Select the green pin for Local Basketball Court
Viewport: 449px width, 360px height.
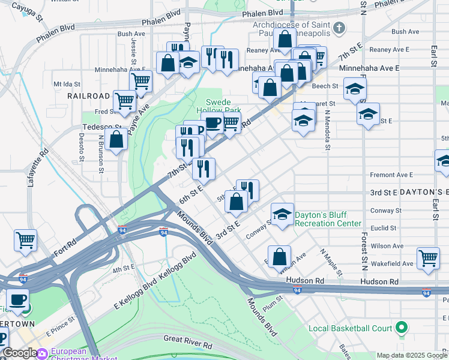pos(402,328)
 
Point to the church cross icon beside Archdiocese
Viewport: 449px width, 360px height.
pos(339,28)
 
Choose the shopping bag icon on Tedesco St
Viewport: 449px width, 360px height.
pos(117,139)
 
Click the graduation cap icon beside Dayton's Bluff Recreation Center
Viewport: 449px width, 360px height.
pos(282,214)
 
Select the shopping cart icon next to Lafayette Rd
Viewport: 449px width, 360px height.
pos(25,241)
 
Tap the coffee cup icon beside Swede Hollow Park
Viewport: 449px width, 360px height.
pos(212,123)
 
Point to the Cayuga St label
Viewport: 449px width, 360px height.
pos(28,11)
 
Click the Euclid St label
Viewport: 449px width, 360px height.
pos(383,228)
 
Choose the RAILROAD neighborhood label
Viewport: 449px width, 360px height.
pos(88,96)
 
